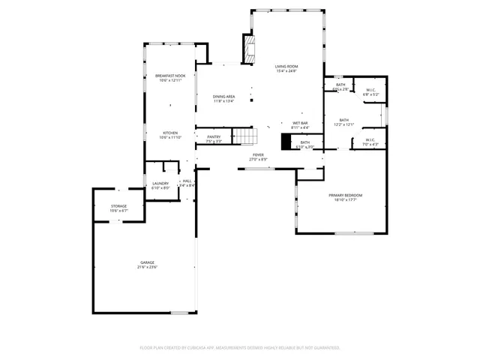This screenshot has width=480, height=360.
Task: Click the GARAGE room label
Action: pyautogui.click(x=146, y=262)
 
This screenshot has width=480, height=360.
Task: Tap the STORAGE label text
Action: pyautogui.click(x=119, y=205)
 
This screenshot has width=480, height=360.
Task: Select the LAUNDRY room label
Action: pyautogui.click(x=160, y=183)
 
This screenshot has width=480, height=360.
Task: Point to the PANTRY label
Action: pyautogui.click(x=214, y=136)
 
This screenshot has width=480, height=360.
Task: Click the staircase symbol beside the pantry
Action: pyautogui.click(x=244, y=136)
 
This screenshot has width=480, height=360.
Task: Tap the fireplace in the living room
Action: pyautogui.click(x=247, y=50)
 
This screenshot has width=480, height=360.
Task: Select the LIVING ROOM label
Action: pyautogui.click(x=286, y=66)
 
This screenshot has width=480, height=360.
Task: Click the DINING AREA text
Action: pyautogui.click(x=223, y=96)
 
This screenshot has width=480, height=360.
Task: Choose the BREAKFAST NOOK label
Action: pyautogui.click(x=170, y=76)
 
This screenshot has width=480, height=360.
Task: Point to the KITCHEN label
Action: pyautogui.click(x=170, y=133)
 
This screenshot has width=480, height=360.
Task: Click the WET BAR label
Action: pyautogui.click(x=301, y=122)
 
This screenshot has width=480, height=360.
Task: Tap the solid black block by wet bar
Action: pyautogui.click(x=286, y=142)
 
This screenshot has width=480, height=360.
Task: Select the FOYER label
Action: pyautogui.click(x=258, y=154)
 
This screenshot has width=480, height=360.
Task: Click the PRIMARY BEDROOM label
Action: pyautogui.click(x=346, y=195)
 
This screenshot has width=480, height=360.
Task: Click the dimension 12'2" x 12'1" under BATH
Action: pyautogui.click(x=344, y=125)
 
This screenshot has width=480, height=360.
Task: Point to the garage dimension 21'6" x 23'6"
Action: pyautogui.click(x=146, y=267)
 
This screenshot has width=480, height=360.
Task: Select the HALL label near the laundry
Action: pyautogui.click(x=187, y=181)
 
